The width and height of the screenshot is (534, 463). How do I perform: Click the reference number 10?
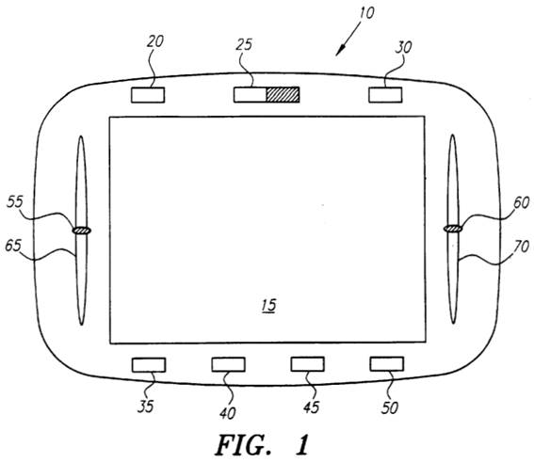[x=366, y=13]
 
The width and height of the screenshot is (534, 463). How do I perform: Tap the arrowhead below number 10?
[x=340, y=51]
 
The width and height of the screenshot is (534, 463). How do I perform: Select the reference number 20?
[x=155, y=41]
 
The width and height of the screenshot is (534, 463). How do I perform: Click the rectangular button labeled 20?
[x=148, y=95]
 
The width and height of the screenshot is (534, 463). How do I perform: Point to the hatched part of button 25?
[x=283, y=94]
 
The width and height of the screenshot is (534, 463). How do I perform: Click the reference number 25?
[x=244, y=44]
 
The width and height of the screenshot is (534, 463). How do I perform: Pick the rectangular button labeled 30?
[x=385, y=94]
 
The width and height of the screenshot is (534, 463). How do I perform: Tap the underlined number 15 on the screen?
[x=268, y=305]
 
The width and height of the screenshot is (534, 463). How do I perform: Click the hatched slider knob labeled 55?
[x=82, y=231]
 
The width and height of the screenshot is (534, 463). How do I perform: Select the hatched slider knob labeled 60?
[x=453, y=229]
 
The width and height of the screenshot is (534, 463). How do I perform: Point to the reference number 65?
[x=13, y=246]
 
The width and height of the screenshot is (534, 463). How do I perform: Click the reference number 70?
[x=521, y=247]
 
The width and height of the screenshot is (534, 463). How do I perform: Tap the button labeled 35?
[x=149, y=365]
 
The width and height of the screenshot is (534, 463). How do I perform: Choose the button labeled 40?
[x=228, y=364]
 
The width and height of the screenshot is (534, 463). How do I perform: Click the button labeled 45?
[x=308, y=364]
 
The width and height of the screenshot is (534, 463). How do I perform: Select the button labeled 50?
[x=387, y=364]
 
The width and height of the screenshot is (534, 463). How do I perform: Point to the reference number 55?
[x=15, y=201]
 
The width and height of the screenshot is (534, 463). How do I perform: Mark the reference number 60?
[x=521, y=203]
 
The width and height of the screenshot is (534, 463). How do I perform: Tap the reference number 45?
[x=312, y=407]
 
